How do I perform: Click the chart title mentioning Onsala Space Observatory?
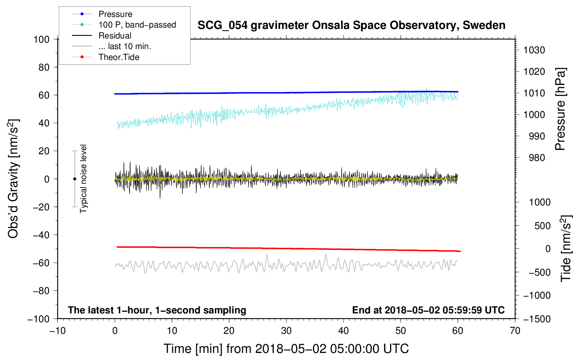click(x=351, y=25)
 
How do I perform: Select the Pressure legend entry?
click(x=115, y=14)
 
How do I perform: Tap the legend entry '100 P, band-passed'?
click(x=137, y=25)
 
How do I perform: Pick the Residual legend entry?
click(x=115, y=36)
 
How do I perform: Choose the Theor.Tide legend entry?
click(x=119, y=57)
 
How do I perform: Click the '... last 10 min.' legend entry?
click(x=125, y=46)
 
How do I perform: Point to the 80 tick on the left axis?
click(x=44, y=67)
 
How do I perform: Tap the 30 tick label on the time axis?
click(x=286, y=331)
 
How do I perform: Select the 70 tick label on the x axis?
click(x=515, y=331)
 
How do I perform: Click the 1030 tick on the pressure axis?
click(x=534, y=50)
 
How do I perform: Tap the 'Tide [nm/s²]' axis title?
click(x=566, y=248)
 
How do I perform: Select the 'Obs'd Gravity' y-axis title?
click(x=13, y=179)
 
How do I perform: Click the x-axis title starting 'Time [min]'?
click(x=286, y=349)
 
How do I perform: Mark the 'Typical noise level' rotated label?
click(x=83, y=179)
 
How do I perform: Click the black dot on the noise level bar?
click(x=74, y=179)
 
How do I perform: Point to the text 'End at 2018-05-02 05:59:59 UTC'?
click(x=428, y=310)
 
